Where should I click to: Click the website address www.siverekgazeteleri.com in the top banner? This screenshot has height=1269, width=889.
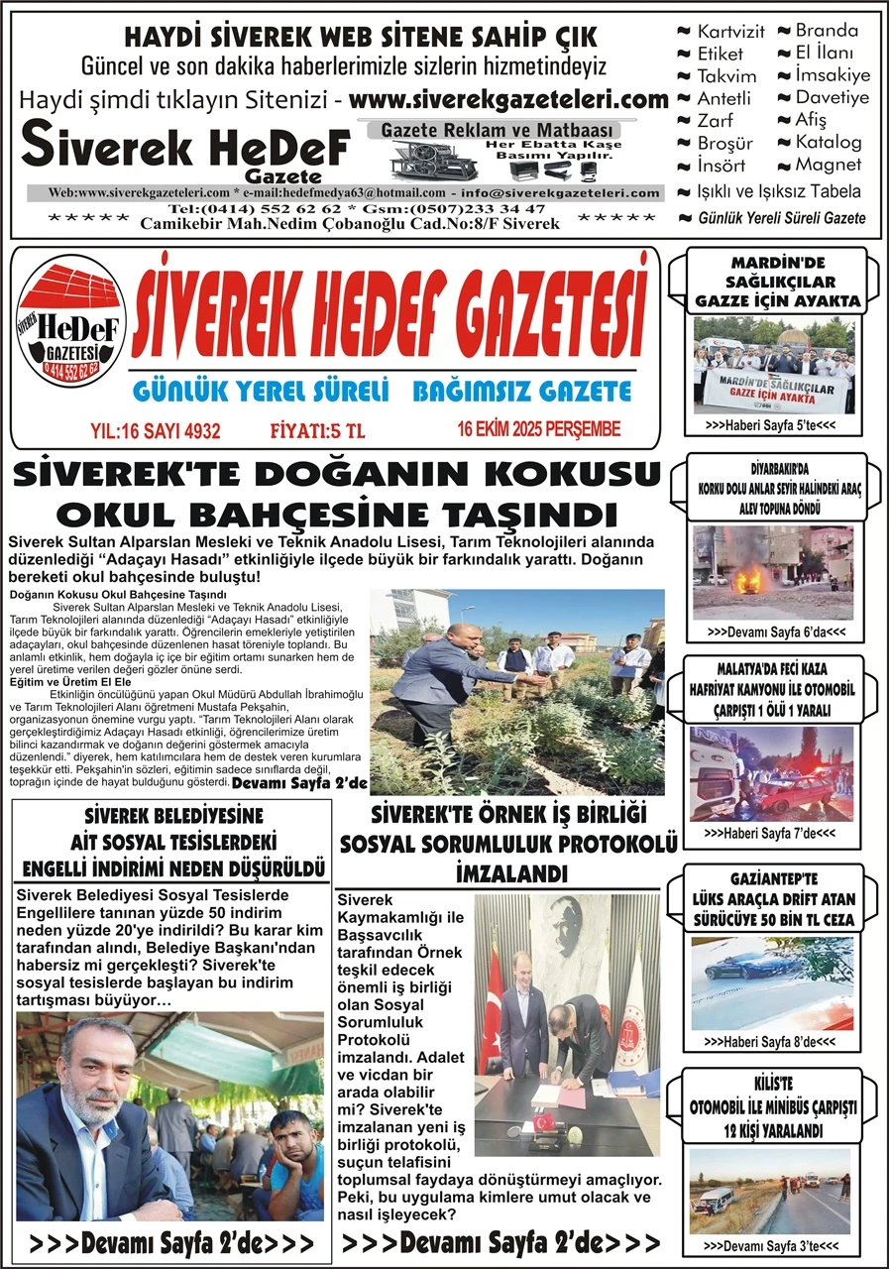click(x=508, y=100)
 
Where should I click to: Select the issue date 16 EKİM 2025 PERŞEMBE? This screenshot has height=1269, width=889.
click(x=539, y=429)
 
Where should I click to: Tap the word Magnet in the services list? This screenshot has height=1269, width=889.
click(x=829, y=165)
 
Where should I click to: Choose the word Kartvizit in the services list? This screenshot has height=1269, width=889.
click(x=729, y=32)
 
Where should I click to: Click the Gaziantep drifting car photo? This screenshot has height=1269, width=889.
click(x=770, y=983)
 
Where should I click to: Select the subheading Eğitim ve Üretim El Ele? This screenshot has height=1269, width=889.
click(x=58, y=682)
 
